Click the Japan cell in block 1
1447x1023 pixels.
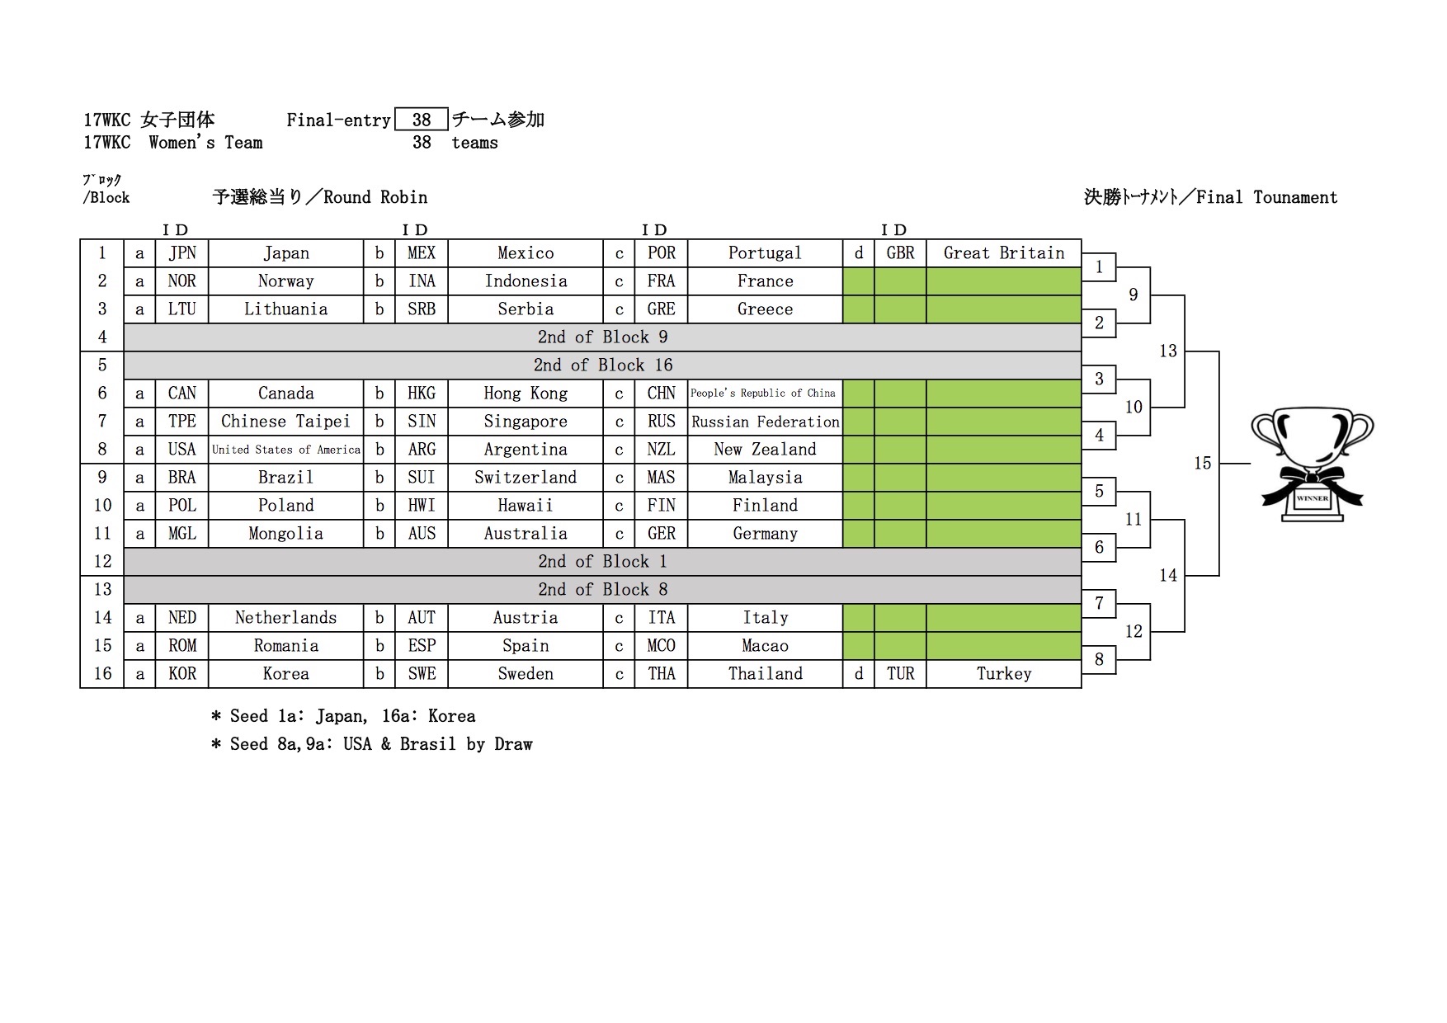click(285, 253)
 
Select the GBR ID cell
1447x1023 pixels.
click(900, 253)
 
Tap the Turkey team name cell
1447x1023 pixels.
click(1003, 674)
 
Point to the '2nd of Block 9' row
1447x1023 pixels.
click(602, 337)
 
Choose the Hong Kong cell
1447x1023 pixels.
click(526, 394)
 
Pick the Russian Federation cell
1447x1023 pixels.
click(765, 422)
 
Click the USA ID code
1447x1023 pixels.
click(181, 450)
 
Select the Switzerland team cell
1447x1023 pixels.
click(526, 478)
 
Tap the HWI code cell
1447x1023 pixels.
click(422, 506)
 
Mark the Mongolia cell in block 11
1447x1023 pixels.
click(285, 534)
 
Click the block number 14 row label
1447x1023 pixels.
click(102, 618)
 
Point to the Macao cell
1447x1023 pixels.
click(765, 646)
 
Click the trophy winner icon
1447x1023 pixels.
click(1312, 464)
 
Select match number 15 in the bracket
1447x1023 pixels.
click(1203, 464)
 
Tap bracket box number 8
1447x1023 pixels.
click(1099, 659)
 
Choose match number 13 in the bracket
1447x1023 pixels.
click(1168, 351)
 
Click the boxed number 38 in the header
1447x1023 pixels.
click(422, 120)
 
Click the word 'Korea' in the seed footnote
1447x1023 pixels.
click(451, 716)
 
